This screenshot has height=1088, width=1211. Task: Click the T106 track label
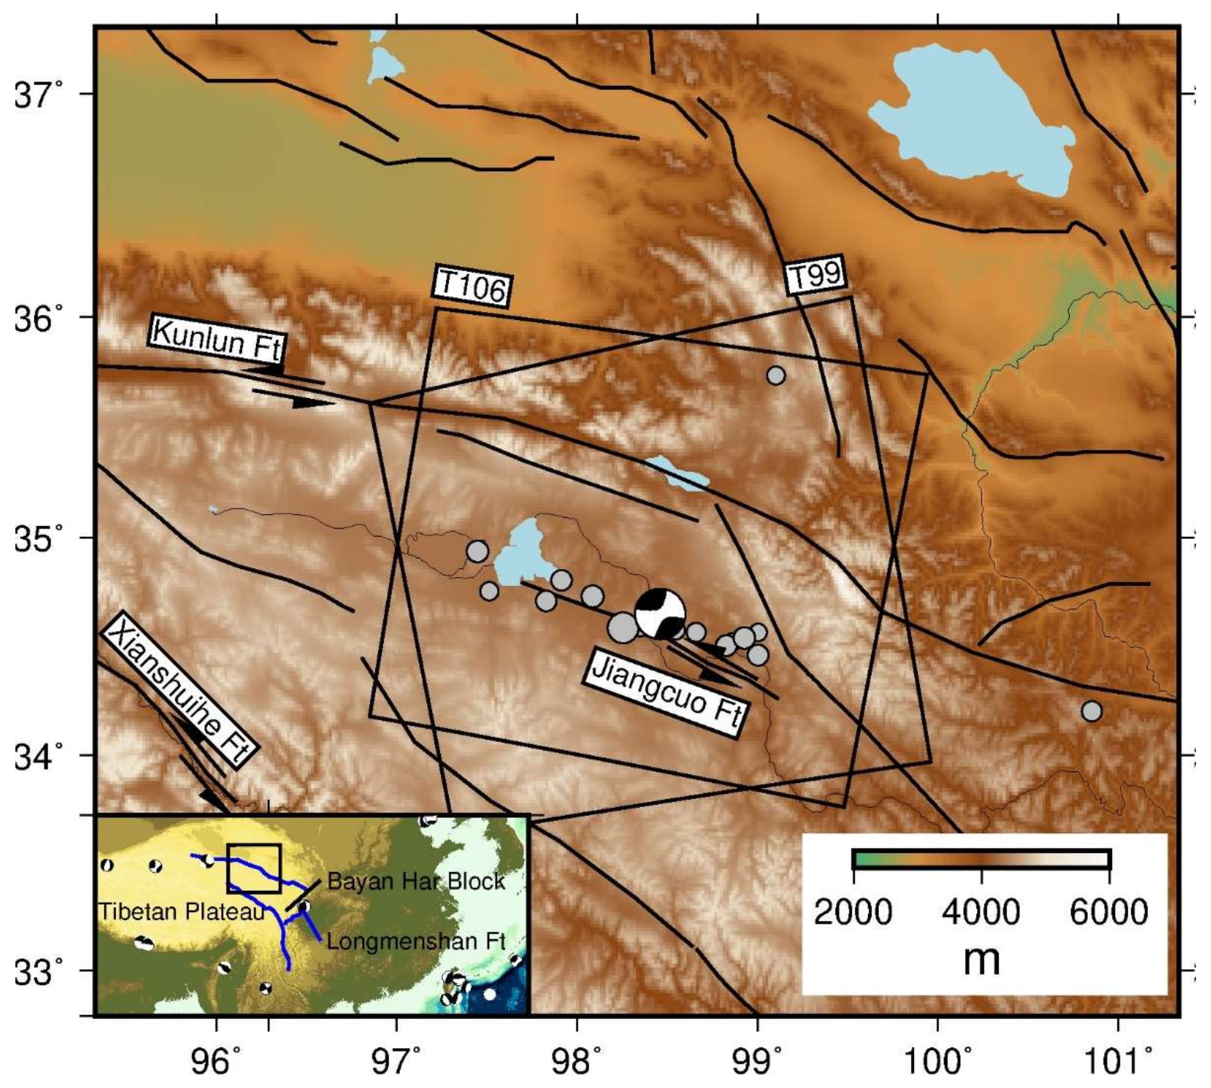[471, 286]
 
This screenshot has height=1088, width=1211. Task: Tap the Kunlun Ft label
[216, 340]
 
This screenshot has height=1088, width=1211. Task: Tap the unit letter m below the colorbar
[981, 959]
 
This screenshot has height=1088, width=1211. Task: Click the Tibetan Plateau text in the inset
[181, 912]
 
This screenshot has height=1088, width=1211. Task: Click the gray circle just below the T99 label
[776, 375]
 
